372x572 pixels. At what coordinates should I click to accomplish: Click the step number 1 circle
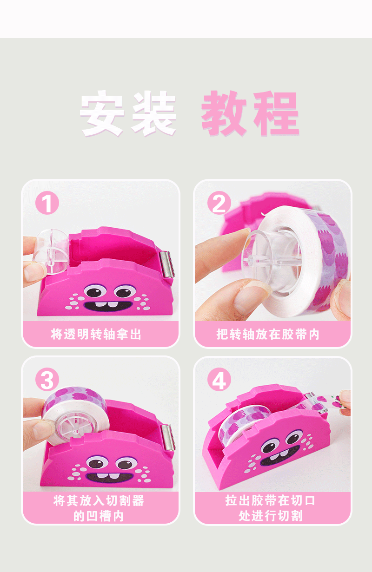click(47, 204)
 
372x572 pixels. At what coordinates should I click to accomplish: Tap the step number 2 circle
click(219, 203)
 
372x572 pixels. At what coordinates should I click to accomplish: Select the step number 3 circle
click(47, 380)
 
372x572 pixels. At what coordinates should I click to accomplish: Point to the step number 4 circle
click(219, 381)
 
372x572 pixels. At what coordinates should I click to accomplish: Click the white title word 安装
click(128, 114)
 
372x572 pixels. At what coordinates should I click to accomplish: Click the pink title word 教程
click(250, 114)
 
